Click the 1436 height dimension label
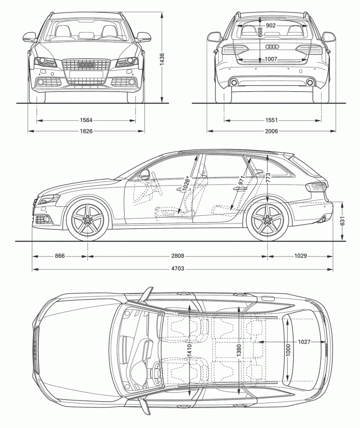point(162,57)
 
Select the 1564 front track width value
point(86,120)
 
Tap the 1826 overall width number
point(86,131)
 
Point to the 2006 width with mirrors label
point(271,131)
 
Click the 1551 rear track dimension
point(271,120)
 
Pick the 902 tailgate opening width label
point(271,26)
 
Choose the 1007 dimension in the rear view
point(271,59)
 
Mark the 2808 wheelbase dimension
point(178,256)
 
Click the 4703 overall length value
point(178,269)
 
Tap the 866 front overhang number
point(60,256)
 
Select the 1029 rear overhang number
point(300,256)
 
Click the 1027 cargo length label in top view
point(304,342)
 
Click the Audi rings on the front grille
point(86,65)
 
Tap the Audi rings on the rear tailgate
point(271,47)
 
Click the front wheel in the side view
point(87,219)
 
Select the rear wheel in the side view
point(267,219)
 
